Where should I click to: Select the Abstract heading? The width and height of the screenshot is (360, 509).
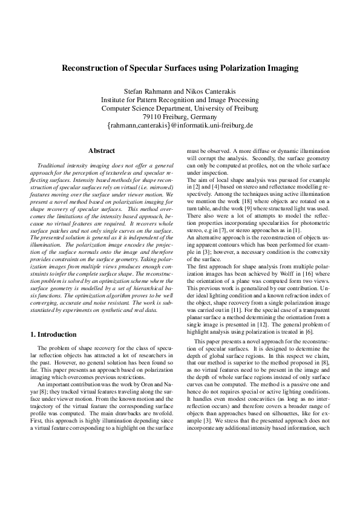102,150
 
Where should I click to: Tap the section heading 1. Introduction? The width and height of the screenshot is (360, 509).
53,334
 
